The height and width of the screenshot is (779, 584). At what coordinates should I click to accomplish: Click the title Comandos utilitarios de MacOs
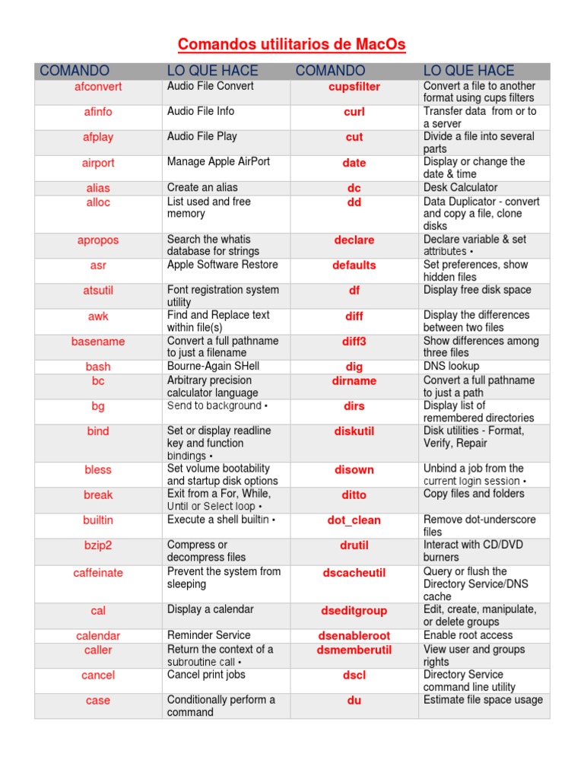292,45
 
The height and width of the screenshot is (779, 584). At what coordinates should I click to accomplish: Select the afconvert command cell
98,87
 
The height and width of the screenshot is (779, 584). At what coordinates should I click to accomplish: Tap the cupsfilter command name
354,87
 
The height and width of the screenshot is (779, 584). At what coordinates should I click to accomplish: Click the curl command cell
354,112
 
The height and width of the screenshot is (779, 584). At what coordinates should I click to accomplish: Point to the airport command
98,163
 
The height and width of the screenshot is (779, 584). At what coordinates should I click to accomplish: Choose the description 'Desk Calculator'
460,187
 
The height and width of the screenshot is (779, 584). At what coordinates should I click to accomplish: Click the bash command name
98,367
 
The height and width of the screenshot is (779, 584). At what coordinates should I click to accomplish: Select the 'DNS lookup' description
452,367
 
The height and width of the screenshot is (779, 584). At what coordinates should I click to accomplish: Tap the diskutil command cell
354,431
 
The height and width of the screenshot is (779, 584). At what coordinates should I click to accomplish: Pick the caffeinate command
98,573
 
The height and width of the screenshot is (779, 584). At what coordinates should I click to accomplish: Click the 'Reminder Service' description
209,635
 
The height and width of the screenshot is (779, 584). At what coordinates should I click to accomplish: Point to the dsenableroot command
354,636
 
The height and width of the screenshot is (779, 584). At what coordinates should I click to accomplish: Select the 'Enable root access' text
468,635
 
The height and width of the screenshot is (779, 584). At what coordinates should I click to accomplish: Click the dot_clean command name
354,520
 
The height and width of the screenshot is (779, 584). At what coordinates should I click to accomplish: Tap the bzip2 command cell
98,545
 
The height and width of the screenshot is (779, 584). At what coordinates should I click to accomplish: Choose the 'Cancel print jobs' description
206,675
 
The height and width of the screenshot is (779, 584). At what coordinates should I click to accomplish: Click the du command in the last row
354,701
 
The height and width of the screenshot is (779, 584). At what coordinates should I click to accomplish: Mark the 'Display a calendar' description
211,609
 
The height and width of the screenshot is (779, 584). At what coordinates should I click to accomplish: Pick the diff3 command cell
354,342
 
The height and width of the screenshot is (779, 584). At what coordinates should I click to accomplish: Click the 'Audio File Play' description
202,137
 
